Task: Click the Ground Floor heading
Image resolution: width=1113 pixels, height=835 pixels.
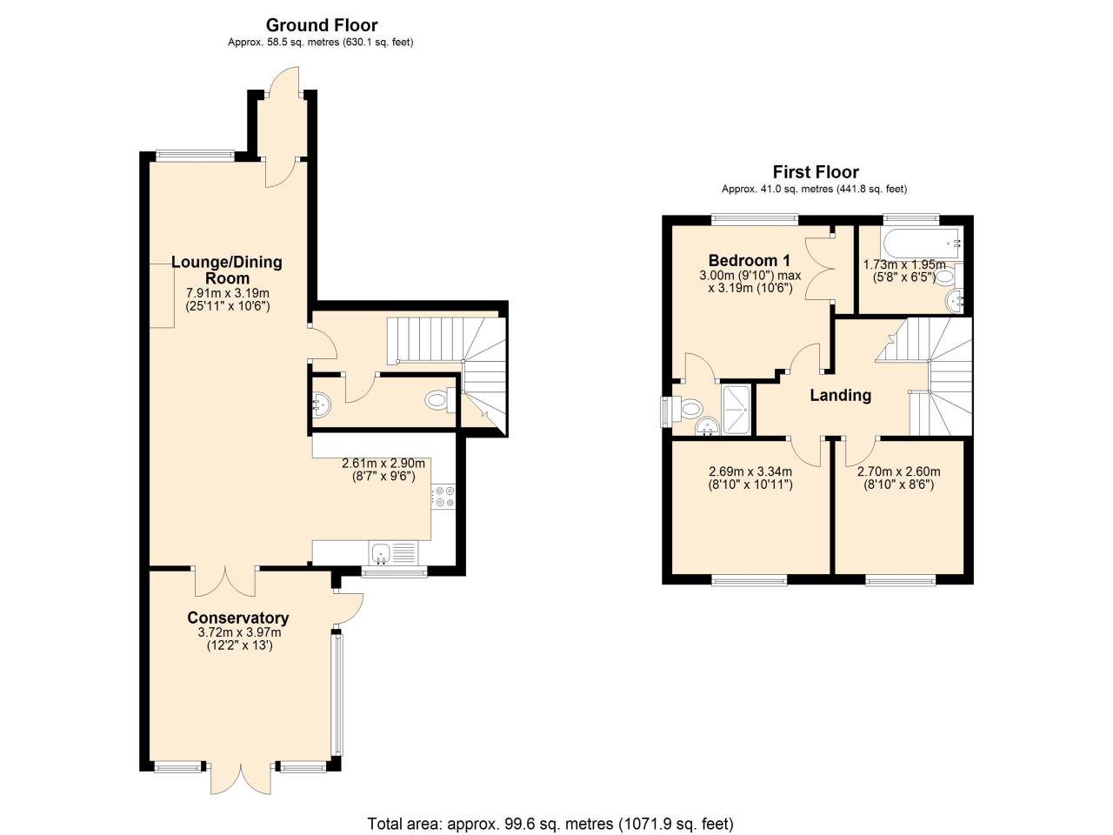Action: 322,25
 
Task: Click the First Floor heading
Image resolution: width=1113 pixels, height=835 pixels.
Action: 815,172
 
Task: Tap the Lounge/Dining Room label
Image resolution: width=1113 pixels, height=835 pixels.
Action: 227,270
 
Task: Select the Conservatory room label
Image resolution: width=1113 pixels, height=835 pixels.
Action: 238,618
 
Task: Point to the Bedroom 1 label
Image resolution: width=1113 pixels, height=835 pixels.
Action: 749,260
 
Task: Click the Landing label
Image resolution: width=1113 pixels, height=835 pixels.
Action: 840,395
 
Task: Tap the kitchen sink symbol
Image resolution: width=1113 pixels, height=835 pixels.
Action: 382,551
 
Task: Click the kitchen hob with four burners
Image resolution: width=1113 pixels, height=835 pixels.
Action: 443,497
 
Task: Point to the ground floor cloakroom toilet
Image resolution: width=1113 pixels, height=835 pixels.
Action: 437,401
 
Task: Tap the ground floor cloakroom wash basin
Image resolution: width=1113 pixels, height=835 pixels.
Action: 320,403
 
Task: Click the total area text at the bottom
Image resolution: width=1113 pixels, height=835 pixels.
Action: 550,823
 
